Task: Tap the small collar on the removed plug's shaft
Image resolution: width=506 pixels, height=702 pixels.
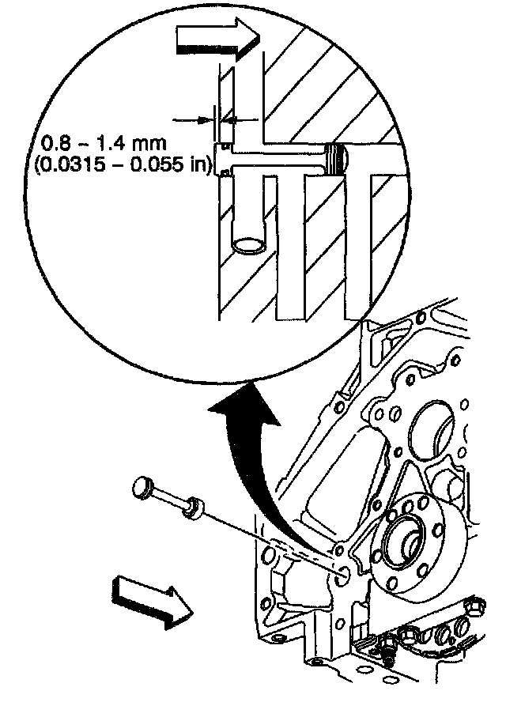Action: [x=191, y=508]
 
